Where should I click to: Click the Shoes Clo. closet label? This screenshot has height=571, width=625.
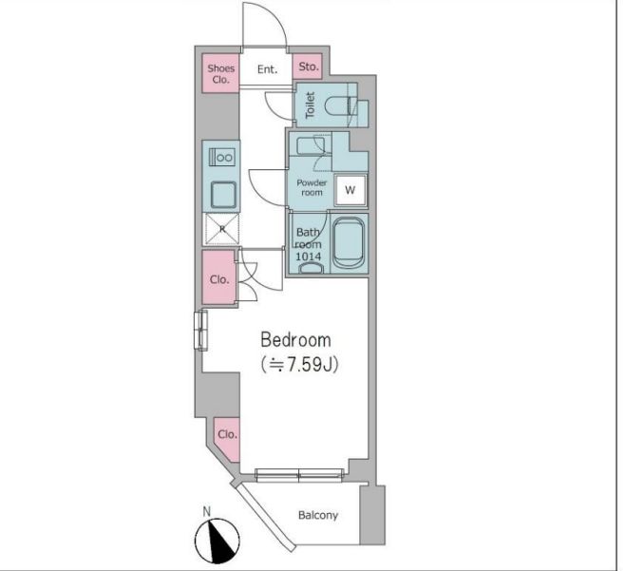(x=220, y=74)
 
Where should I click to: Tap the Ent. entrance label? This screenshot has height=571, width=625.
(x=267, y=69)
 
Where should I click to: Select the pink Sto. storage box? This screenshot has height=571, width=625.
(x=308, y=67)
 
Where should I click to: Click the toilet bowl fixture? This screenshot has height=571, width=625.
(x=339, y=106)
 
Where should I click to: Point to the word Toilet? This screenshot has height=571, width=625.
(x=310, y=105)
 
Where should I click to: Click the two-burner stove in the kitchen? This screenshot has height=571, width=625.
(x=222, y=157)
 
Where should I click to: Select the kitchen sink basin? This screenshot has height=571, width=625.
(x=223, y=195)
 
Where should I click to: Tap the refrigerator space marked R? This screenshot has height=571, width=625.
(x=222, y=229)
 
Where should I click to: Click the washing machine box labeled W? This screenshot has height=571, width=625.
(x=350, y=190)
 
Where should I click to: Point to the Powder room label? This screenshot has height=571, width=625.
(x=312, y=187)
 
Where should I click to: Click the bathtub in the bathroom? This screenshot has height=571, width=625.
(x=349, y=242)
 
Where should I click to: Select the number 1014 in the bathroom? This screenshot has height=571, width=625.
(x=308, y=257)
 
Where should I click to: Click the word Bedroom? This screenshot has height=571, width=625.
(x=295, y=340)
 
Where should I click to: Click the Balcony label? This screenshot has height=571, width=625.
(x=318, y=515)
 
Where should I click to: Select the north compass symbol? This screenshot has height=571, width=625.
(x=218, y=541)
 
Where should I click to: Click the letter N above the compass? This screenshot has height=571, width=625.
(x=206, y=511)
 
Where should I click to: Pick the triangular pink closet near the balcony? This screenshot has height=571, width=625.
(x=228, y=439)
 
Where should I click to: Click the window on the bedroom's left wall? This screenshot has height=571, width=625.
(x=201, y=331)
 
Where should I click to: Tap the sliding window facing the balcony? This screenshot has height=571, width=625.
(x=299, y=475)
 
